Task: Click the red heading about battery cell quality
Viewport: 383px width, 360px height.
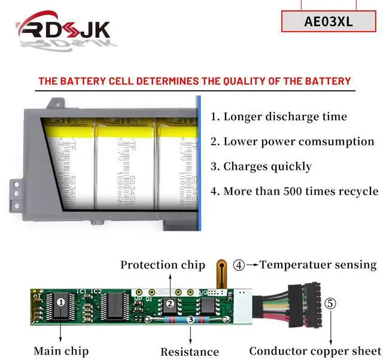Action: point(194,81)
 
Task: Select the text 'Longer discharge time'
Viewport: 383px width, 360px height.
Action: point(278,117)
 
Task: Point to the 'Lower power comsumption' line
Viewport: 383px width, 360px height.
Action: point(292,142)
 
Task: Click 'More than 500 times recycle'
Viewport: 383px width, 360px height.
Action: point(294,191)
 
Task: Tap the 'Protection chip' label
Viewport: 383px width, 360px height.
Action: point(163,264)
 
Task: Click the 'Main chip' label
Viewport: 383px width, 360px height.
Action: point(61,350)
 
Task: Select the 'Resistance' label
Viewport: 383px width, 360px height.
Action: point(189,352)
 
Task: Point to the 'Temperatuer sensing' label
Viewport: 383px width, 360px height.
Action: point(318,264)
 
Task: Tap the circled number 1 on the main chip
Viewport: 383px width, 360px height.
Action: point(60,303)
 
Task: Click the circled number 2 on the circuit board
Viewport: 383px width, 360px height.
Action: point(170,304)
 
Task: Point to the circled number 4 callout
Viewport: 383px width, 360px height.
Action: point(239,264)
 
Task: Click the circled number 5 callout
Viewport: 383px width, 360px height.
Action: point(330,303)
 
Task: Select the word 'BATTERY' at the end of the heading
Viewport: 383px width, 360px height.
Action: point(325,81)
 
